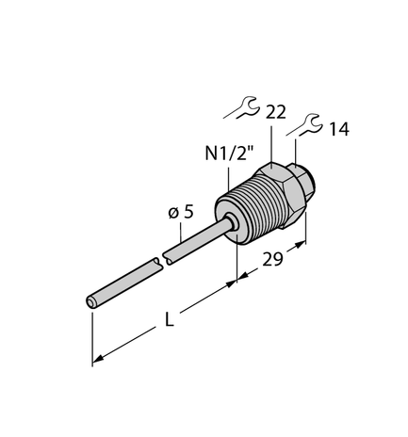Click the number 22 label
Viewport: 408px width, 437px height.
pyautogui.click(x=276, y=111)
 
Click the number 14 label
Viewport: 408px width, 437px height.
pyautogui.click(x=338, y=130)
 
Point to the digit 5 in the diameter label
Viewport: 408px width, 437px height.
pyautogui.click(x=188, y=213)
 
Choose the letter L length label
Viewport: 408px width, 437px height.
pyautogui.click(x=169, y=320)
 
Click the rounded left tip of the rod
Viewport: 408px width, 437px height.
pyautogui.click(x=92, y=302)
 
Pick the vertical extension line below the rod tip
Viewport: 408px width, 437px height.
pyautogui.click(x=92, y=334)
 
